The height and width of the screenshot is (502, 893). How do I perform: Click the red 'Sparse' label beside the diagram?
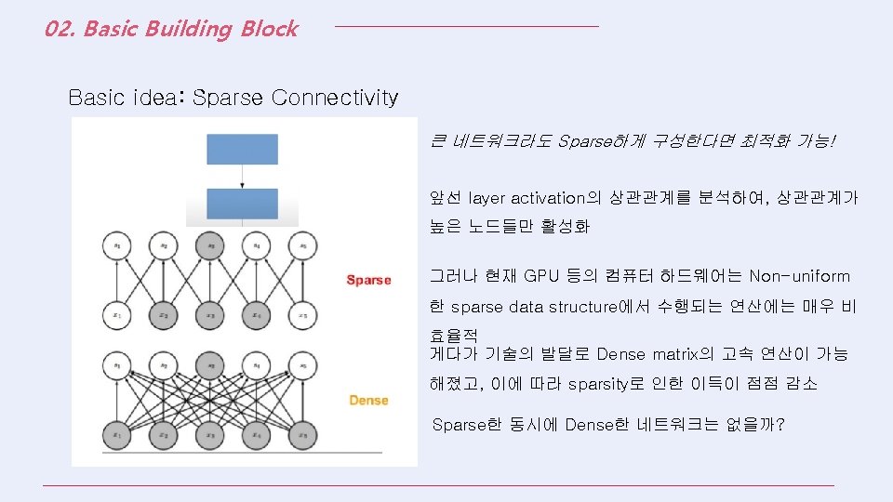pos(368,280)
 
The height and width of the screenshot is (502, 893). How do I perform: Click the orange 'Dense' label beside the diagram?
pos(368,400)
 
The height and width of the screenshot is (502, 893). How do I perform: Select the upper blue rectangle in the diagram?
pos(242,149)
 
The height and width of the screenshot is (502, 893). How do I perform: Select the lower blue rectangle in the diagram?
pos(242,204)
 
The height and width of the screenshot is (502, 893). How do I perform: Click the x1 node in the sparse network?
pos(116,313)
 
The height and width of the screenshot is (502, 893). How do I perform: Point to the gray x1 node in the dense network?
pos(116,433)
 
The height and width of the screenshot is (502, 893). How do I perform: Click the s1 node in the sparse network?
pos(116,245)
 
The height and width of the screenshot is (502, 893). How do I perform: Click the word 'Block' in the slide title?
pos(269,29)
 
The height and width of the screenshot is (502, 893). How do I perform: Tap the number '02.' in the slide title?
pos(60,29)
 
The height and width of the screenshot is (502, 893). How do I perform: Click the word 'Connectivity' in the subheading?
pos(334,98)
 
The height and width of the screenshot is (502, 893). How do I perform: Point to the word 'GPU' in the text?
pos(541,276)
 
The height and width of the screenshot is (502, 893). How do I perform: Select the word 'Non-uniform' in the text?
pos(799,276)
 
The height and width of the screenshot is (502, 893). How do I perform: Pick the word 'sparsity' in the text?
pos(598,384)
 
